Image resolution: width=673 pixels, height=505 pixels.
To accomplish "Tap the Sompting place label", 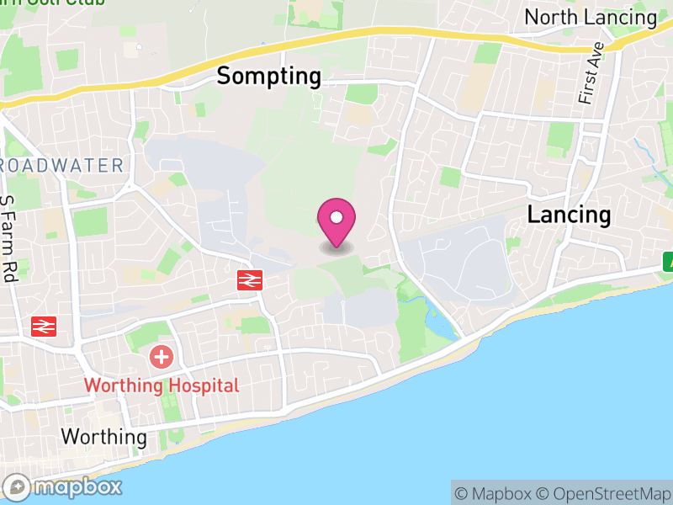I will pyautogui.click(x=268, y=77).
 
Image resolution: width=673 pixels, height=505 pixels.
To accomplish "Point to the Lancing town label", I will pyautogui.click(x=569, y=215).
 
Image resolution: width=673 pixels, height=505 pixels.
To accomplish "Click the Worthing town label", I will pyautogui.click(x=103, y=438).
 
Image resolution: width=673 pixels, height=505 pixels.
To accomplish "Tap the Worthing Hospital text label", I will pyautogui.click(x=162, y=385).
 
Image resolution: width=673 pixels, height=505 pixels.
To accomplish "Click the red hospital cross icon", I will pyautogui.click(x=161, y=357).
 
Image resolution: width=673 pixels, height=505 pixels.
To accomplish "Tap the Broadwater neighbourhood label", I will pyautogui.click(x=62, y=166).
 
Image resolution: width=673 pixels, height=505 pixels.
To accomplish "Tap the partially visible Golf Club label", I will pyautogui.click(x=67, y=3).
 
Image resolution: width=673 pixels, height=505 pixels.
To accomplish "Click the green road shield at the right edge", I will pyautogui.click(x=668, y=262).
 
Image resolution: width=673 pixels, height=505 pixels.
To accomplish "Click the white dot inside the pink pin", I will pyautogui.click(x=336, y=218).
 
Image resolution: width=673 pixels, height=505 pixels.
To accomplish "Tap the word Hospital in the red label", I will pyautogui.click(x=202, y=385).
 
